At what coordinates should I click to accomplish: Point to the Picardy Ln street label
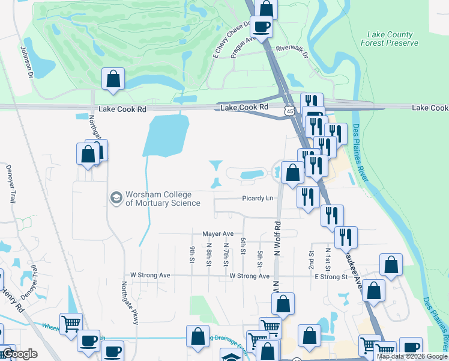pos(258,198)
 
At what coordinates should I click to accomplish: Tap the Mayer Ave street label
pos(217,233)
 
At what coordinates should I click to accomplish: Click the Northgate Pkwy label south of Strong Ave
pos(130,303)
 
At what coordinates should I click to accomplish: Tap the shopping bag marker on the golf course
pos(113,79)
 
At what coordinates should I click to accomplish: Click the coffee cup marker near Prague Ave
pos(261,26)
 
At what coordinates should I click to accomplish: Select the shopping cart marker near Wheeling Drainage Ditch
pos(71,324)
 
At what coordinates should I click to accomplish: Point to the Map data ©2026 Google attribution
pos(412,356)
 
